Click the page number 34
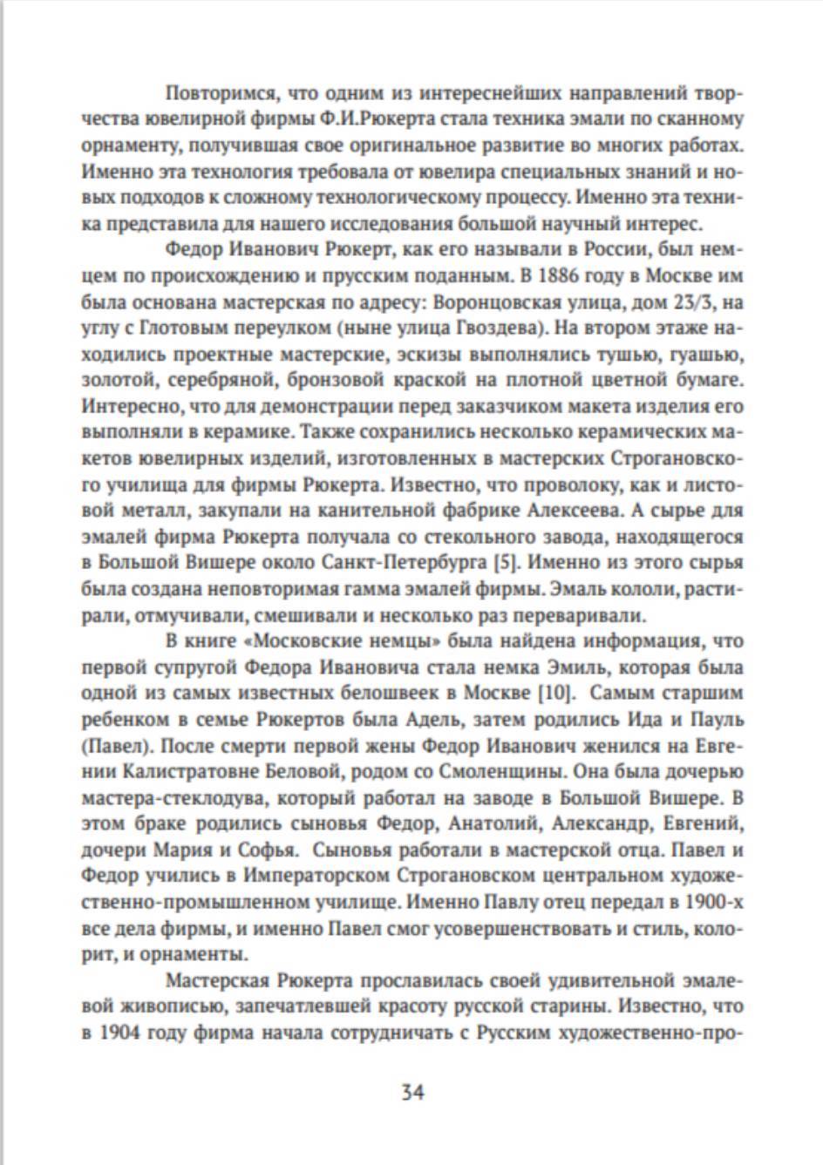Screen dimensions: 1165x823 pos(411,1092)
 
